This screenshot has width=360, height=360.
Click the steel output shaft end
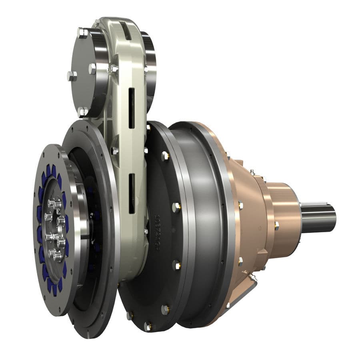(x=320, y=218)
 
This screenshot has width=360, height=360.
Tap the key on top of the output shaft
(x=316, y=205)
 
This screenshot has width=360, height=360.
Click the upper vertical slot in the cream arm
(x=131, y=108)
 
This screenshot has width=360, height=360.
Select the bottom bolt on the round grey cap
(x=82, y=111)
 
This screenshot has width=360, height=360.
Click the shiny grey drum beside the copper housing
(x=200, y=224)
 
